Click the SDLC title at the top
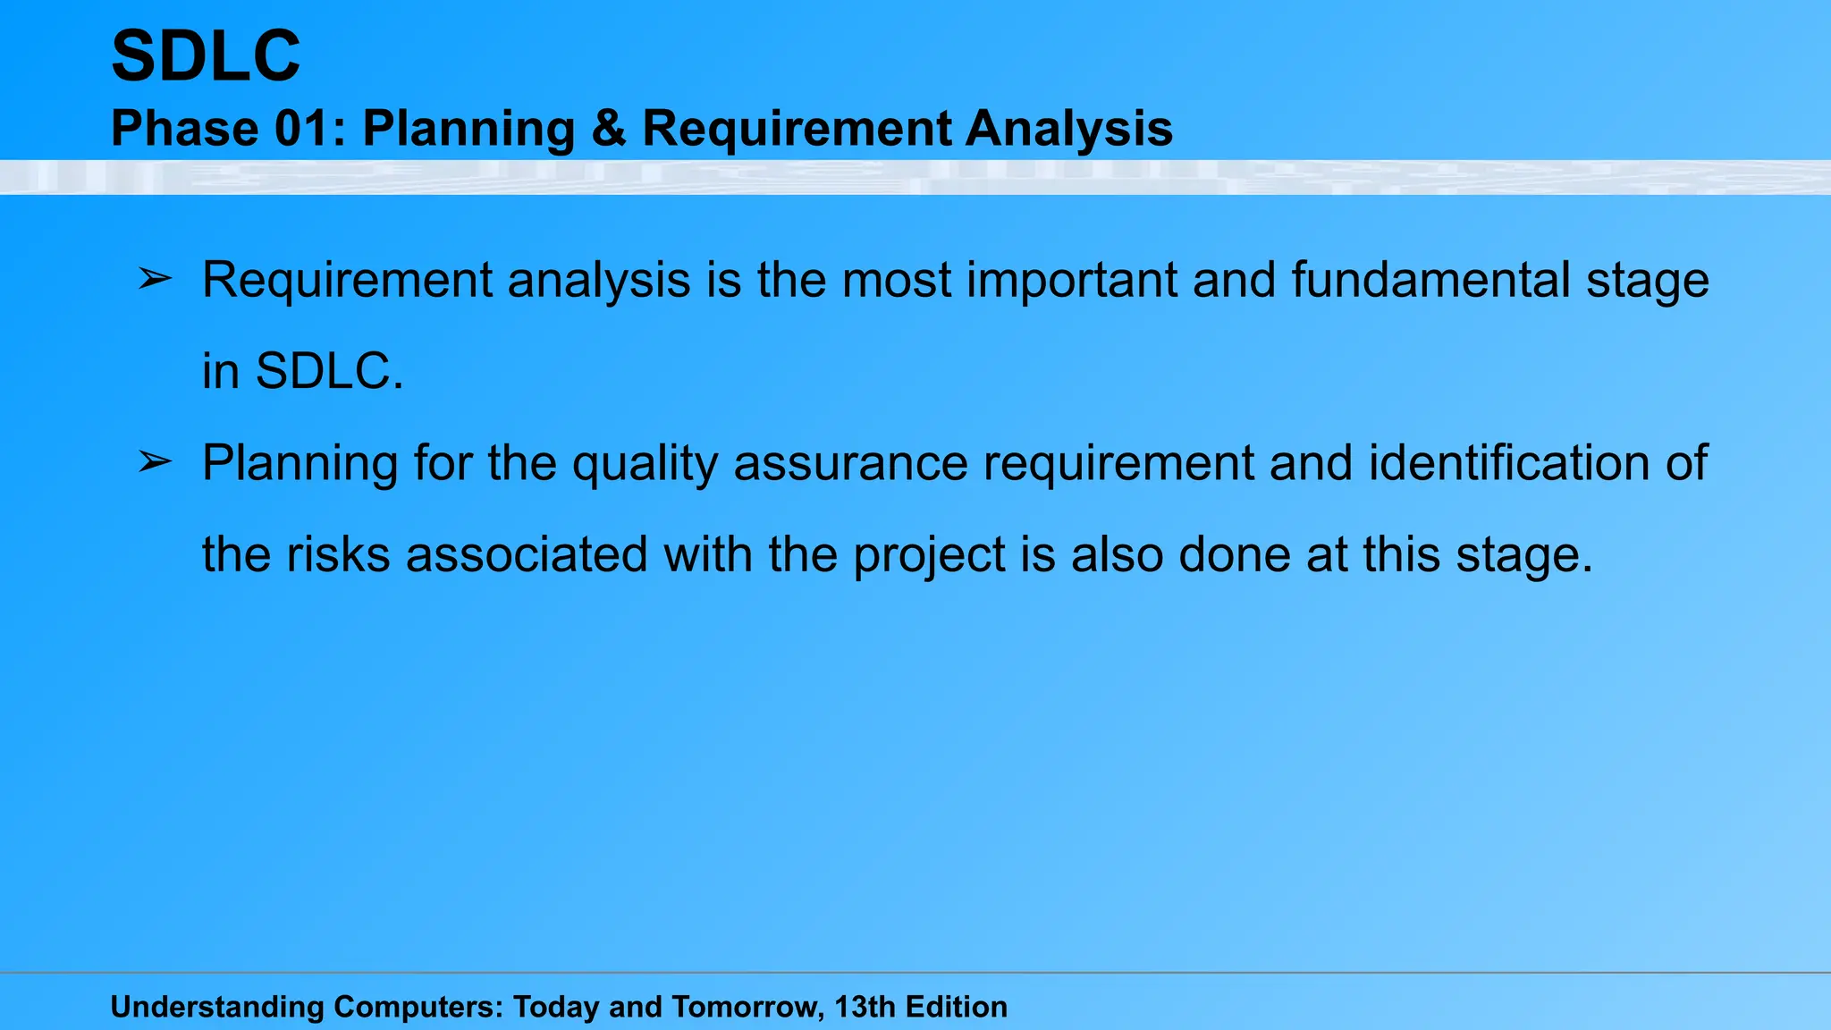(206, 56)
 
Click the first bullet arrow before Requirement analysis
(155, 280)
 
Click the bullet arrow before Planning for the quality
(155, 462)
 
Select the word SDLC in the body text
(323, 372)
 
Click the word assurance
(850, 463)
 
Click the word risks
(337, 554)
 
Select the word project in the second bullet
(929, 556)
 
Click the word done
(1234, 554)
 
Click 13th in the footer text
(865, 1007)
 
